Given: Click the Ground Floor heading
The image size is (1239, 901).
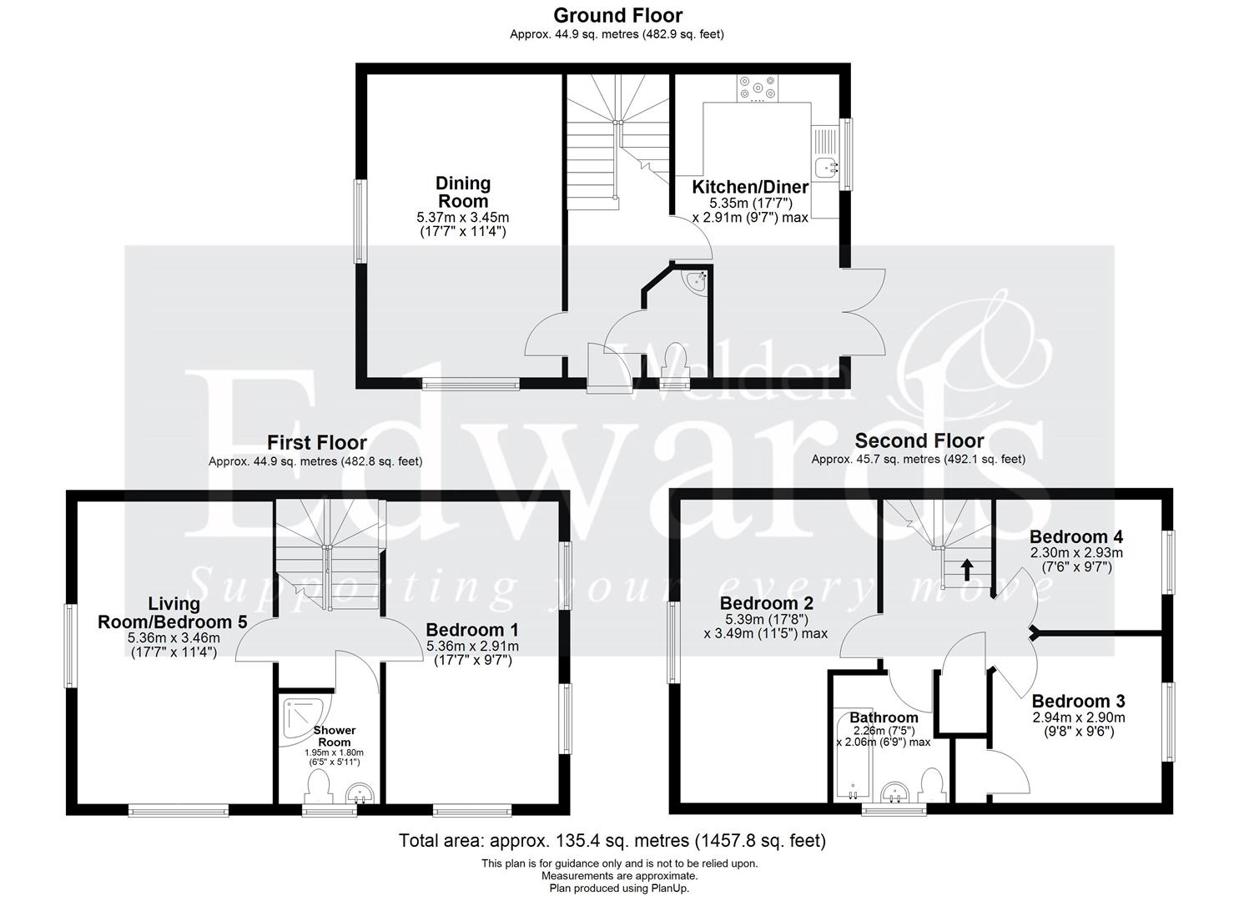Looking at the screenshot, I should [x=617, y=15].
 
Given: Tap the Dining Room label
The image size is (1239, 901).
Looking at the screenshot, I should [x=463, y=192].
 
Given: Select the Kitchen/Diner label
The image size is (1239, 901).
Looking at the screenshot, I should [x=750, y=187].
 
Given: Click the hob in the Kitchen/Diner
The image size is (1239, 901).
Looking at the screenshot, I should [x=758, y=88].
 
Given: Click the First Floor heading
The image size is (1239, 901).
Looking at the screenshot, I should [x=316, y=442].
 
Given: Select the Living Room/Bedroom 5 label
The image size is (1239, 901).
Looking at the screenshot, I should [x=174, y=612].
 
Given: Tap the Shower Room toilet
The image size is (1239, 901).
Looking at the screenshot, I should [x=318, y=787].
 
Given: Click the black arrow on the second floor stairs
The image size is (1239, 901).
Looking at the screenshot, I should [x=966, y=569].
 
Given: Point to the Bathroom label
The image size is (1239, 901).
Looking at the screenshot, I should [x=884, y=717].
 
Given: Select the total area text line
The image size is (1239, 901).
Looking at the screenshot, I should [x=612, y=840].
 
